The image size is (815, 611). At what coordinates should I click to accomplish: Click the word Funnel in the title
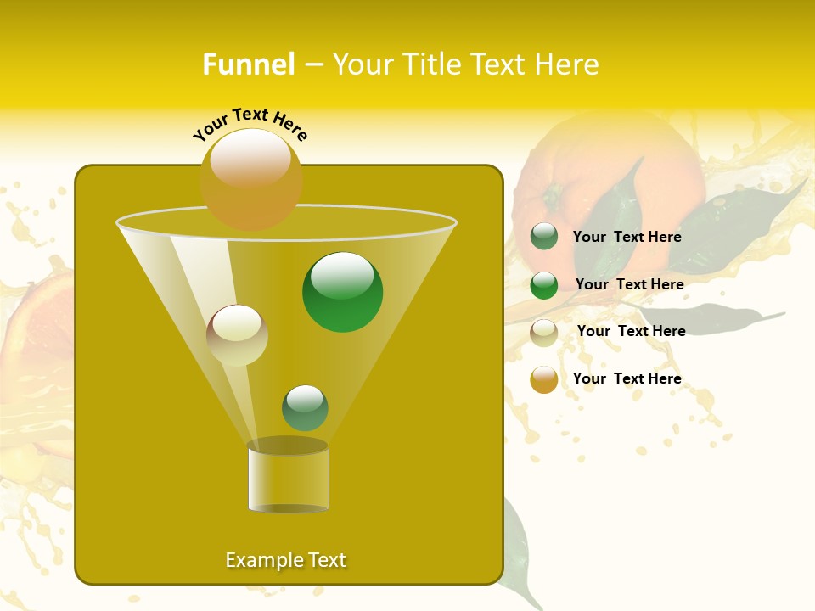(248, 64)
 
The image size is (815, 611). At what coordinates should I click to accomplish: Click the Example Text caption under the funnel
(286, 560)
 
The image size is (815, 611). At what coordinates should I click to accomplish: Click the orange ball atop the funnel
(251, 179)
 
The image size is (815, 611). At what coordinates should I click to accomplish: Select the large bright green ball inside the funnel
(343, 292)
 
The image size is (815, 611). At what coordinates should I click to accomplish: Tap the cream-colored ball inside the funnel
(237, 335)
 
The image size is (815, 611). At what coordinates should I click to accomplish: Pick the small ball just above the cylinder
(305, 407)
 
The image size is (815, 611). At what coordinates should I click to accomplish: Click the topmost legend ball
(544, 237)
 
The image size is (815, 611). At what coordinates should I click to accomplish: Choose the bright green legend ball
(544, 285)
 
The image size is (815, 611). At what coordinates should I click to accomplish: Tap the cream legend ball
(544, 333)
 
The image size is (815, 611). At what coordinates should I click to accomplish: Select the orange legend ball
(544, 379)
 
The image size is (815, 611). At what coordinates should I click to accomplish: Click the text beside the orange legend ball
(627, 378)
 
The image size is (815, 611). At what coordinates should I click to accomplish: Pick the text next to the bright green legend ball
(629, 284)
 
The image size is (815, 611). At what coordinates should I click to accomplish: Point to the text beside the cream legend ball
(631, 331)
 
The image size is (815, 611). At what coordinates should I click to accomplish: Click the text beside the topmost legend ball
(627, 237)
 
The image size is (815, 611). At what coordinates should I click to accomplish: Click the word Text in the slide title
(503, 64)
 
